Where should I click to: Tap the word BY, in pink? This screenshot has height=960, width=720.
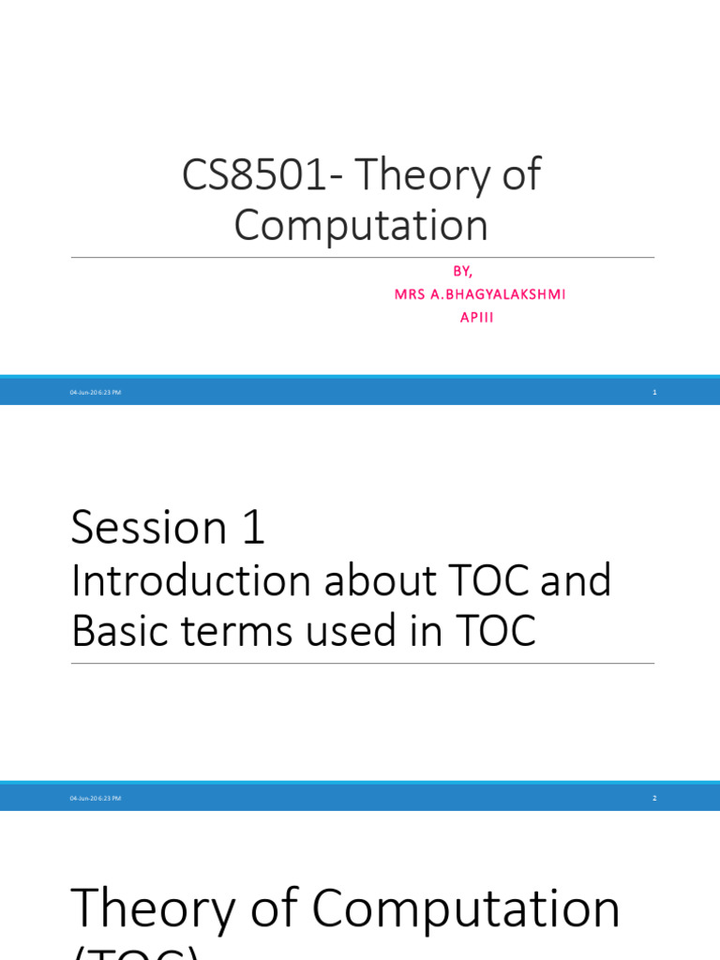pos(462,271)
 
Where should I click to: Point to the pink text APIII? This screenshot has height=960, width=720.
pos(475,317)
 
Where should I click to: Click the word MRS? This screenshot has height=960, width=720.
pos(411,294)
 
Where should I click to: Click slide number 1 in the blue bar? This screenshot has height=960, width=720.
pos(654,392)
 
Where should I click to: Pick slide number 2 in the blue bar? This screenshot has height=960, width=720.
pos(654,798)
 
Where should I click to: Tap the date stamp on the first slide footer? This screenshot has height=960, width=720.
pos(96,392)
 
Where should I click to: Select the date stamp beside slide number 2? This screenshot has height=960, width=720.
pos(96,798)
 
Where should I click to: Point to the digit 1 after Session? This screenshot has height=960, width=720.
pos(253,527)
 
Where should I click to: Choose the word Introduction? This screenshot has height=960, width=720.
pos(190,581)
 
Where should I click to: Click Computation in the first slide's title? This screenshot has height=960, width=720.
pos(361,226)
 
